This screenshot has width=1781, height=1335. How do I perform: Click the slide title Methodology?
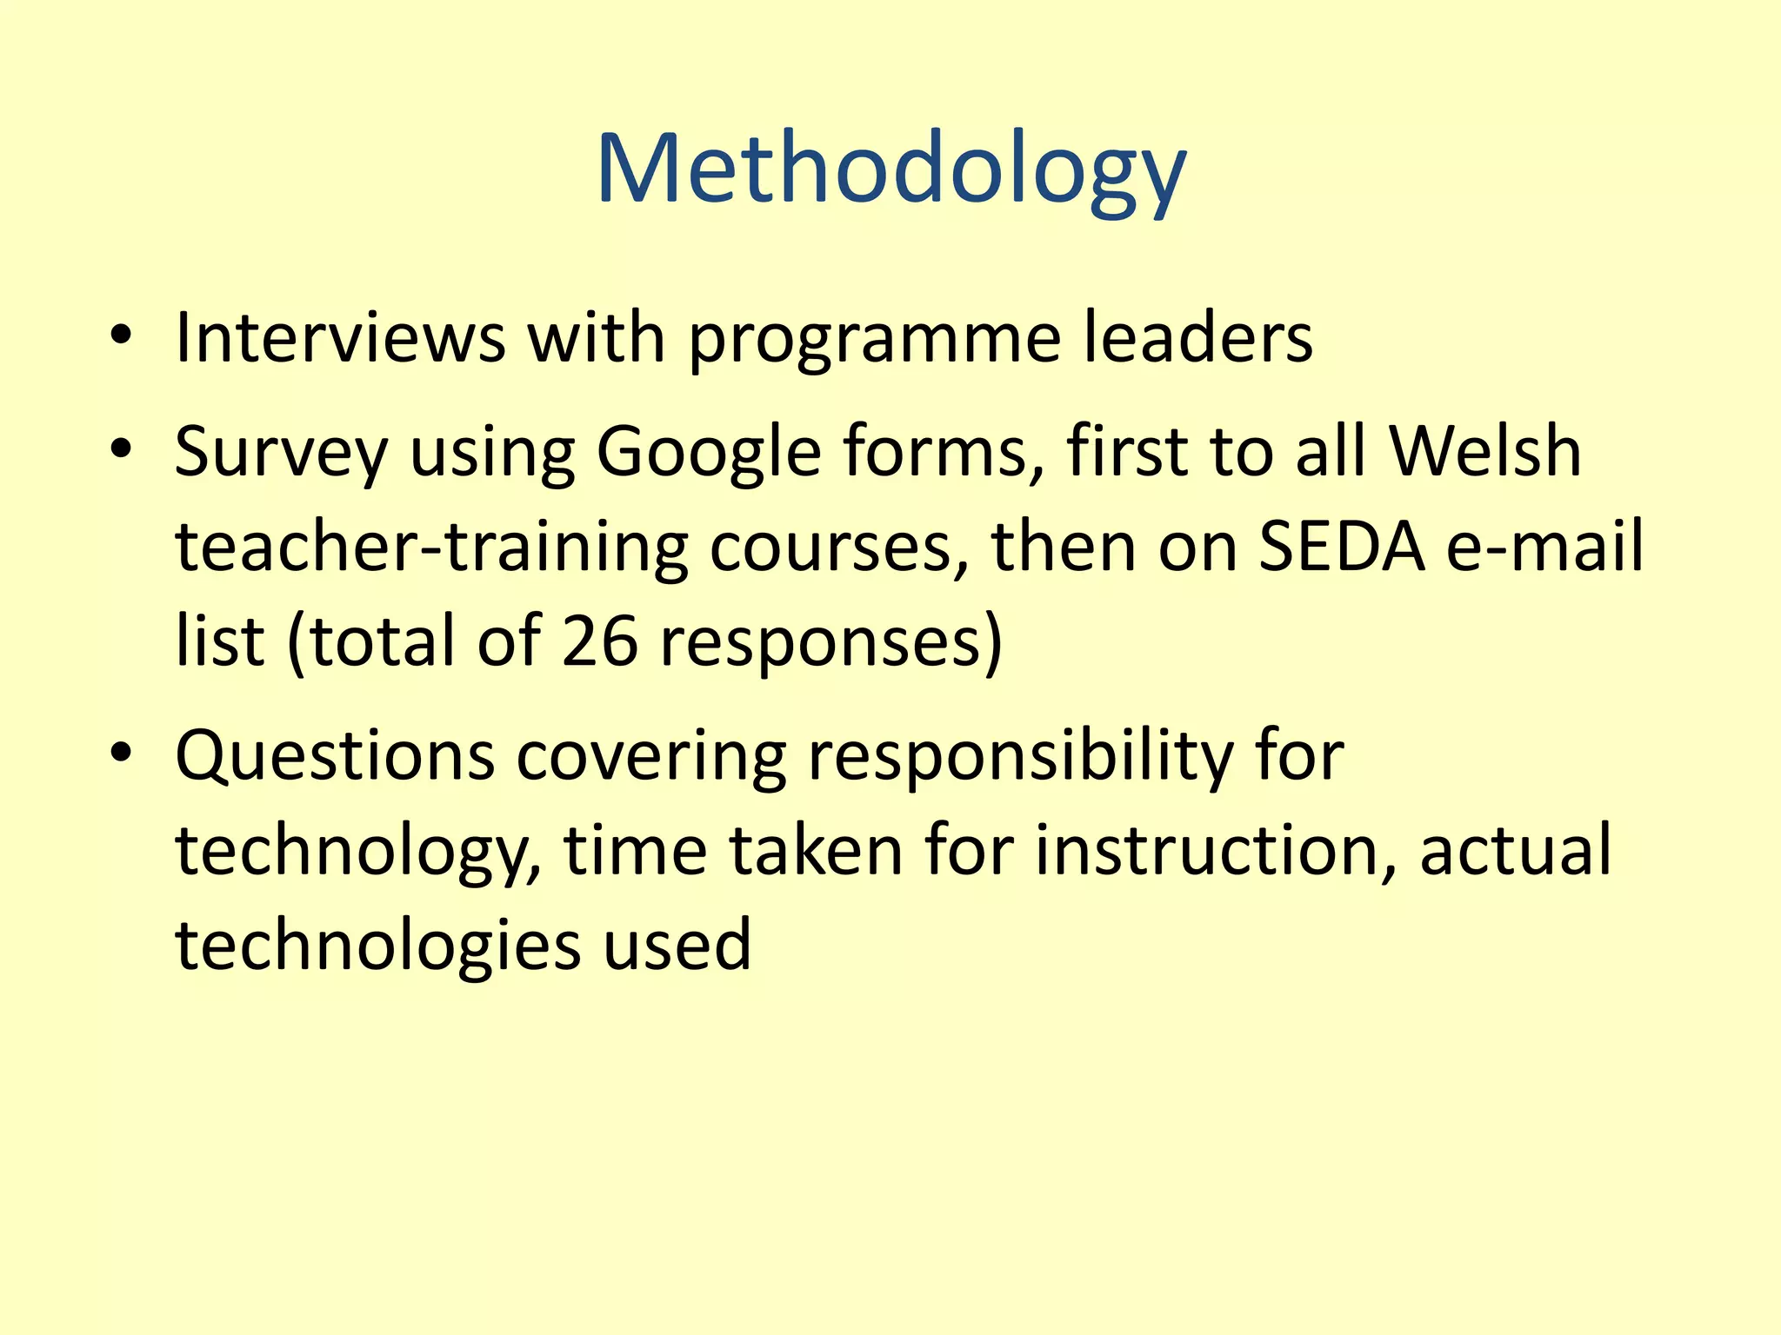click(x=890, y=169)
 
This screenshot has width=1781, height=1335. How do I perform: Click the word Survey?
click(x=281, y=454)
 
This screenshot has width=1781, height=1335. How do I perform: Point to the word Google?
click(x=708, y=454)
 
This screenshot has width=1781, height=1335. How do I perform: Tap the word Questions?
click(x=335, y=756)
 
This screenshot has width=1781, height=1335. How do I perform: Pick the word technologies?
click(x=378, y=946)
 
